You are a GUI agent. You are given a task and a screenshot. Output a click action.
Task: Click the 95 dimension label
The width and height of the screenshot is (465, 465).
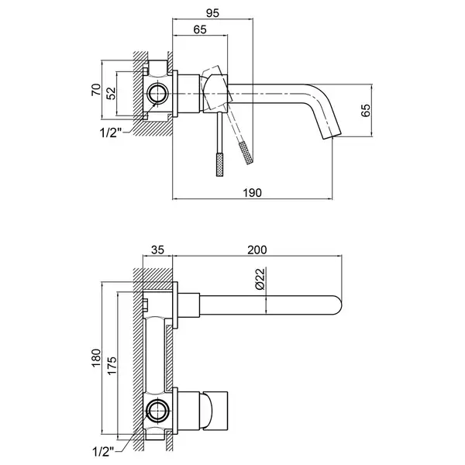click(212, 13)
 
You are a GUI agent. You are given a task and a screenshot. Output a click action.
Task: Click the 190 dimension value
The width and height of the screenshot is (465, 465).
click(253, 193)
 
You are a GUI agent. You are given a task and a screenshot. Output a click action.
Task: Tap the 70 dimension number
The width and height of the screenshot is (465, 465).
click(96, 90)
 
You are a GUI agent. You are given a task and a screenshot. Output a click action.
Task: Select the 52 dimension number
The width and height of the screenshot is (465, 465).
click(111, 94)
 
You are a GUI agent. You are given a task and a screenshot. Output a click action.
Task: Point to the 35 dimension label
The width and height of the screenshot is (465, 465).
click(157, 250)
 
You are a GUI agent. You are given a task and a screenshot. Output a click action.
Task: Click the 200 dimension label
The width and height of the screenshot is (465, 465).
click(257, 250)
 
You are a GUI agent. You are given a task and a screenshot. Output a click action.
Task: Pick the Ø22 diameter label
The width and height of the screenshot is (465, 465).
click(260, 278)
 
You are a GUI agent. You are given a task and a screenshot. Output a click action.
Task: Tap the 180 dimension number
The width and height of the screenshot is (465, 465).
click(96, 358)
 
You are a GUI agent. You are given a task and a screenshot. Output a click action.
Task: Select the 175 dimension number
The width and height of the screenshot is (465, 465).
click(112, 366)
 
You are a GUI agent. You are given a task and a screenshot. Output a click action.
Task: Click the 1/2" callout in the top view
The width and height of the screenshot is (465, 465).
click(111, 133)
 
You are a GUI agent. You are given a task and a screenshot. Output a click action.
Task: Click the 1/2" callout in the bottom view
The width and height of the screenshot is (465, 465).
click(104, 452)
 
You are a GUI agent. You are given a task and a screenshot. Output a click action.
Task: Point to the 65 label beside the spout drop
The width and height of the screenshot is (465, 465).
click(366, 110)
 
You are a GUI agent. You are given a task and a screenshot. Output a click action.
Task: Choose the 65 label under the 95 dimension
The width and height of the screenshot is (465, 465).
click(200, 29)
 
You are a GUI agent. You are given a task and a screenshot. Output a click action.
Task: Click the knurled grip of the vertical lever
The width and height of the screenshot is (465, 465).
click(220, 164)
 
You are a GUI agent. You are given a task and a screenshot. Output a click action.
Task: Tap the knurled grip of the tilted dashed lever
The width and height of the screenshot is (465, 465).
click(246, 153)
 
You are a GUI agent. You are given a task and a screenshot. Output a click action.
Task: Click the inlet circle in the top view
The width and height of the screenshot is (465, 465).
click(157, 94)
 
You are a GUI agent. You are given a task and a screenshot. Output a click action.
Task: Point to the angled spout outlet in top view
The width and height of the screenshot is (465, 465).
click(332, 136)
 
